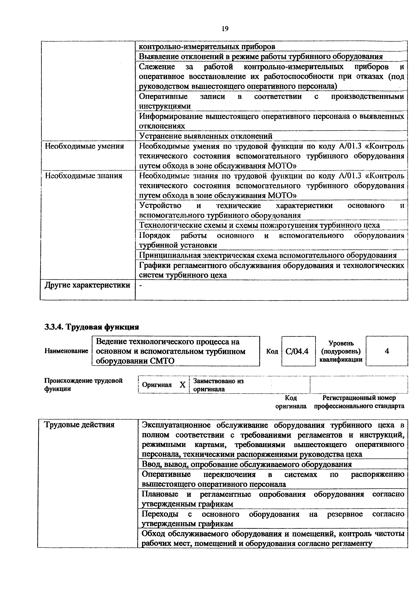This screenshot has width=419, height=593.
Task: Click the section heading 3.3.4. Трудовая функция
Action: click(92, 327)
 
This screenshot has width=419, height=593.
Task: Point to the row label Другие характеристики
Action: click(87, 285)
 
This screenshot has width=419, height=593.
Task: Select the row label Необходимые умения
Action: click(84, 146)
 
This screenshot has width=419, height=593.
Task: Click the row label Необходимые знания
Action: click(84, 176)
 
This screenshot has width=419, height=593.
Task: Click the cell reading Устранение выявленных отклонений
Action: click(206, 136)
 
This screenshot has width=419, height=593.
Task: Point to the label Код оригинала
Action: click(291, 402)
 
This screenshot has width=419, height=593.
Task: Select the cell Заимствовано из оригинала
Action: click(218, 385)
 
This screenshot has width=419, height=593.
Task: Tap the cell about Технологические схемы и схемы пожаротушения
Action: click(259, 225)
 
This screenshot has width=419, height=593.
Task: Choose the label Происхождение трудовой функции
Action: click(83, 385)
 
